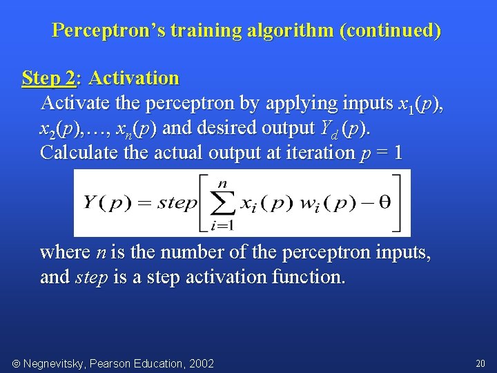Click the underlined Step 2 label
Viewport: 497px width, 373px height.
point(48,78)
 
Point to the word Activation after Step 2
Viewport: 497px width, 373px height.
point(134,78)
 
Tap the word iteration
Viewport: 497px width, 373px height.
point(318,153)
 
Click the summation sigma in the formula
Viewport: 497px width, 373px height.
point(222,203)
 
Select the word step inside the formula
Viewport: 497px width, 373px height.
point(177,203)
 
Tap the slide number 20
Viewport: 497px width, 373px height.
point(480,363)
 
